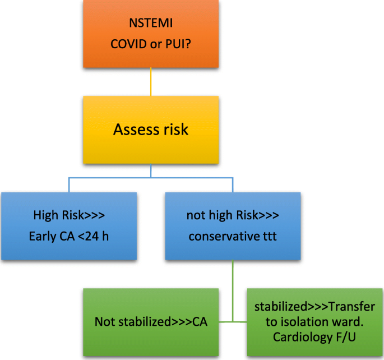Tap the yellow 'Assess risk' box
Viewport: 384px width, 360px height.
point(151,130)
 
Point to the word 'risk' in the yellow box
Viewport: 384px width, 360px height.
point(174,130)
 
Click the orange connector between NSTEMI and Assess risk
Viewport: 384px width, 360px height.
point(151,82)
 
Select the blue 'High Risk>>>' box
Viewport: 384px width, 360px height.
point(68,226)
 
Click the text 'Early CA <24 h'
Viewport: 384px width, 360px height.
point(68,236)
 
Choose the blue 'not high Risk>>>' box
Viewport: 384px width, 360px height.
point(233,226)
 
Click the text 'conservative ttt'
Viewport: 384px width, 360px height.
point(233,236)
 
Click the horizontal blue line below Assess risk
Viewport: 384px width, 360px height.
point(150,178)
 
